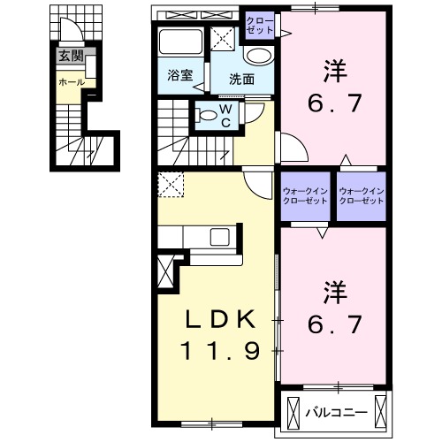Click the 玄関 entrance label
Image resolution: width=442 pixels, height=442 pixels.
pos(70,56)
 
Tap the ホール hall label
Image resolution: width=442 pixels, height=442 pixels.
pos(71,81)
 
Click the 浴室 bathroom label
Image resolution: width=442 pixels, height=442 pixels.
pos(179,76)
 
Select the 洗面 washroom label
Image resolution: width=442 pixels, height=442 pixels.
pos(242,78)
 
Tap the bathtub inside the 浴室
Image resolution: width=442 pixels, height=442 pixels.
pos(180,42)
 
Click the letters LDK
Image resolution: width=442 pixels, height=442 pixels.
pos(220,319)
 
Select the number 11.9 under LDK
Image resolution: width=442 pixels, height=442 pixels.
pos(220,351)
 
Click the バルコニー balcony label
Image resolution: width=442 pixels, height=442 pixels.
pos(331,411)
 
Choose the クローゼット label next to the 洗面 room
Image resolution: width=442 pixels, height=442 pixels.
pos(259,25)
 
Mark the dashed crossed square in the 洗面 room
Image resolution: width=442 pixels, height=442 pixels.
pos(223,37)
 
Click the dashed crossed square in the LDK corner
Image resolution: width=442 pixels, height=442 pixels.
pos(170,186)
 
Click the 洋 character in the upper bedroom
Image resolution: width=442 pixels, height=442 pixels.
pos(333,66)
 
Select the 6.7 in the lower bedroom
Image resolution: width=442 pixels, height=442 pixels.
pos(333,324)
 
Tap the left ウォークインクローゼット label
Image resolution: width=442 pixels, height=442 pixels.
pos(304,196)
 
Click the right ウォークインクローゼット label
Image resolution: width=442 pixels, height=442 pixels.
pos(362,196)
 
